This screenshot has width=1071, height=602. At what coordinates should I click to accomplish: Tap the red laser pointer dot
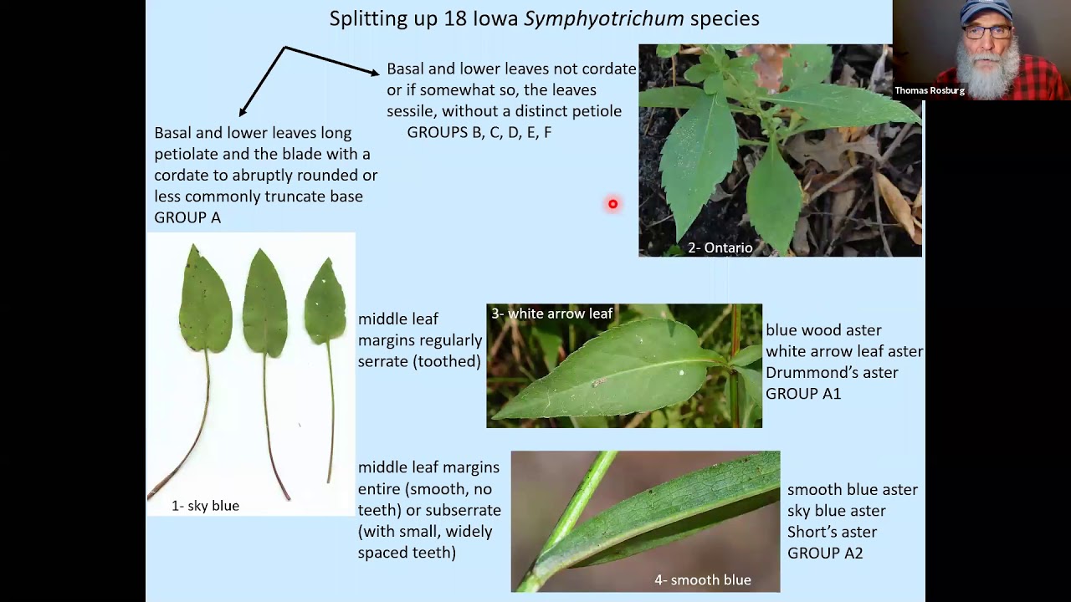click(x=612, y=204)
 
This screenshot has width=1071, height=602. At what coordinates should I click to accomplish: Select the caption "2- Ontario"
click(x=720, y=247)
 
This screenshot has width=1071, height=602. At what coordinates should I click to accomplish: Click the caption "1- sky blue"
click(x=205, y=506)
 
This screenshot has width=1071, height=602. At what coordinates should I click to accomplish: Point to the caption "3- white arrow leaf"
click(x=551, y=314)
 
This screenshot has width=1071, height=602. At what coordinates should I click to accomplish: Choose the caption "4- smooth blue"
click(x=702, y=580)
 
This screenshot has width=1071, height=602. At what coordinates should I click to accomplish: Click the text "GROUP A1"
click(x=803, y=394)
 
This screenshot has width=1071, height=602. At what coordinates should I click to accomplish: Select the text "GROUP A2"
click(x=825, y=554)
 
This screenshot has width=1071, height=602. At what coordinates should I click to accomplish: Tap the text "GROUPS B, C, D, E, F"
click(x=479, y=132)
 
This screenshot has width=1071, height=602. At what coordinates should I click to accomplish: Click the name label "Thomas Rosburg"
click(x=930, y=90)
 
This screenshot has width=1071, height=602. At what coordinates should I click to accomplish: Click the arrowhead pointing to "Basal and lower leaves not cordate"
click(x=374, y=74)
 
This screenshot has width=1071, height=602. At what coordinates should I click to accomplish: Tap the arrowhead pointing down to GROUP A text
click(x=243, y=112)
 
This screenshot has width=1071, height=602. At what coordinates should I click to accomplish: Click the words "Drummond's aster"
click(x=832, y=373)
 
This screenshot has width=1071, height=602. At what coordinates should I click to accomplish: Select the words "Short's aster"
click(x=832, y=532)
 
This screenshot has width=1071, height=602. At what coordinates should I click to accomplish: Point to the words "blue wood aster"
click(x=823, y=330)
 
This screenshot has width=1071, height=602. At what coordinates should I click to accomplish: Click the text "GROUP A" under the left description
click(x=187, y=217)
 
